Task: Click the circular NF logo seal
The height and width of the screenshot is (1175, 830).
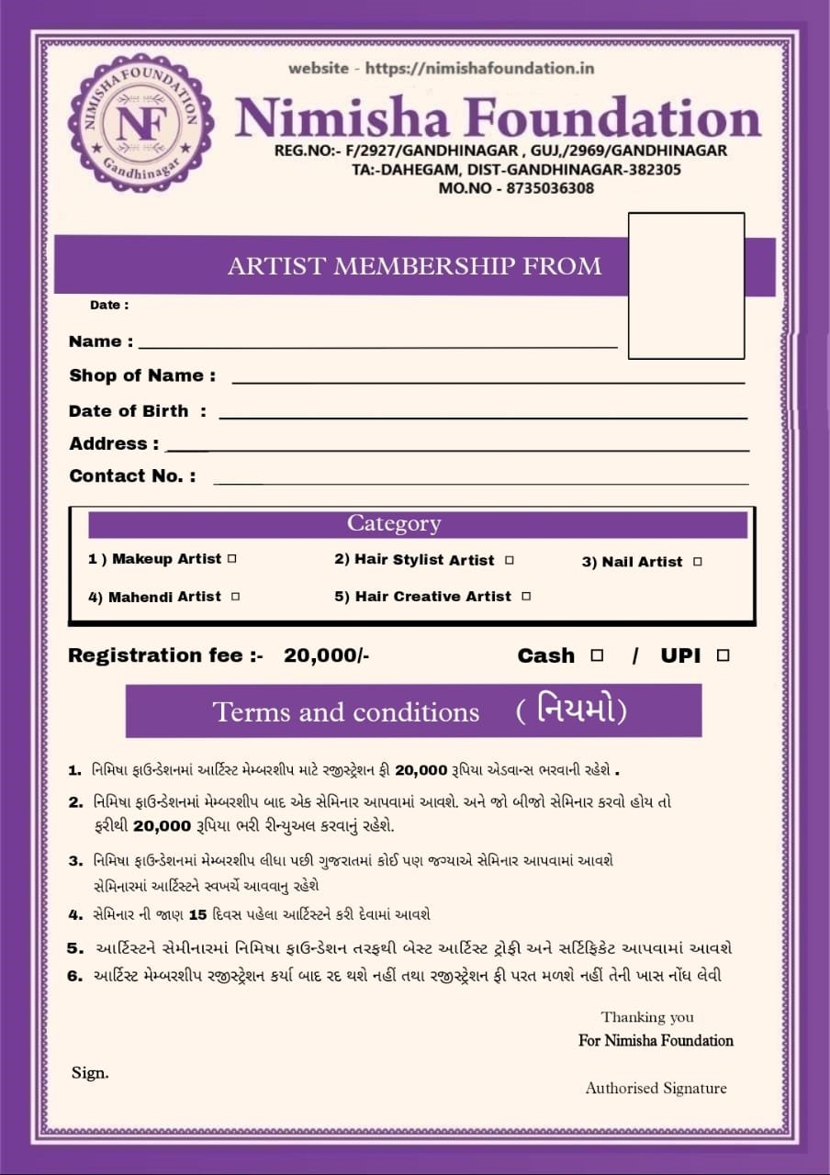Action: click(141, 121)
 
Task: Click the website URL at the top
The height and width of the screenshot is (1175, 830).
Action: click(442, 68)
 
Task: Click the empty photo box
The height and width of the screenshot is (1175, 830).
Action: click(686, 285)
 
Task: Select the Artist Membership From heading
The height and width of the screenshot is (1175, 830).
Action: click(414, 266)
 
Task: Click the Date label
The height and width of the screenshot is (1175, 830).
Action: click(109, 305)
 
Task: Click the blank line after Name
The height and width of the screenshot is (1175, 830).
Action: click(377, 346)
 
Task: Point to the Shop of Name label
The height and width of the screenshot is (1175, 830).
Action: click(142, 375)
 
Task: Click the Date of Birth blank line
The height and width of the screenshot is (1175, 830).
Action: click(482, 417)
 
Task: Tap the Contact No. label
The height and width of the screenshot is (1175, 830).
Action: click(132, 476)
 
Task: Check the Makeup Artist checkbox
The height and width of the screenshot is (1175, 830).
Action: click(231, 558)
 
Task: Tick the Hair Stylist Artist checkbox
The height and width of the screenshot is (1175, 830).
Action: click(510, 560)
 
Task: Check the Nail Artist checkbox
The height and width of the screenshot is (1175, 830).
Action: click(698, 561)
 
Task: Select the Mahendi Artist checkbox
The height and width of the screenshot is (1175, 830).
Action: click(236, 597)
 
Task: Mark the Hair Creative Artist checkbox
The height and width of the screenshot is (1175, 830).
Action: click(526, 597)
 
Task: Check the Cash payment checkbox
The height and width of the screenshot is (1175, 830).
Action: click(597, 655)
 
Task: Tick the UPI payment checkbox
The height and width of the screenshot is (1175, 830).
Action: click(723, 655)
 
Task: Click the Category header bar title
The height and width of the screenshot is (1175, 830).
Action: click(394, 524)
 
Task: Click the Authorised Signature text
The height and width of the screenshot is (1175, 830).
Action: click(656, 1089)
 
